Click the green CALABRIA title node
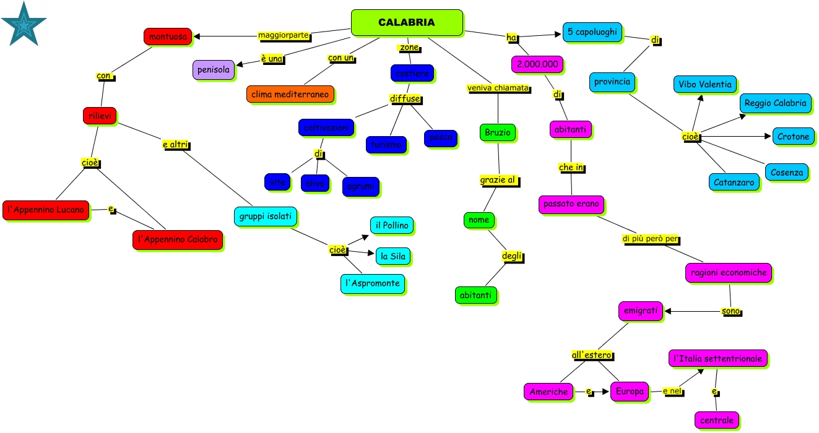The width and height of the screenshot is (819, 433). click(407, 22)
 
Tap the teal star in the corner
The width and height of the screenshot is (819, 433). click(24, 24)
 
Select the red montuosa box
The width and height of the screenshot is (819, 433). click(168, 36)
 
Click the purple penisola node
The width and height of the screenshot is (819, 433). click(214, 70)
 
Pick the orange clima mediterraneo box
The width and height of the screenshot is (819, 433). click(290, 95)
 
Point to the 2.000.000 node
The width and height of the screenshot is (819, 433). click(537, 64)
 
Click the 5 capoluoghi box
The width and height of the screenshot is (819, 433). click(592, 32)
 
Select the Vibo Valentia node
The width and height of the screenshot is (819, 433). click(704, 85)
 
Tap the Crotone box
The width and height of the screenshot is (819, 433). click(793, 137)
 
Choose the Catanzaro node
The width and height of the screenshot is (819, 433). click(734, 182)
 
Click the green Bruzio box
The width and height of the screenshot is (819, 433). click(497, 132)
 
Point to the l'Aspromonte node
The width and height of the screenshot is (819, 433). click(372, 284)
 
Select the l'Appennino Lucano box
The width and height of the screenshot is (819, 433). click(46, 210)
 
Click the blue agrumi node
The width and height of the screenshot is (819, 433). click(360, 186)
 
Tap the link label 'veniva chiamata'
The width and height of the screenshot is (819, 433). click(498, 88)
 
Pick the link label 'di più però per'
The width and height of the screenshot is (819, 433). click(651, 239)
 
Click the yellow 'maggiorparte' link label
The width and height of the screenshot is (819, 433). click(284, 35)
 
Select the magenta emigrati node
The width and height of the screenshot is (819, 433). click(640, 311)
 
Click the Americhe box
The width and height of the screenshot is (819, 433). click(548, 392)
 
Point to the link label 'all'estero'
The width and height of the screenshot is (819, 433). click(592, 355)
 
